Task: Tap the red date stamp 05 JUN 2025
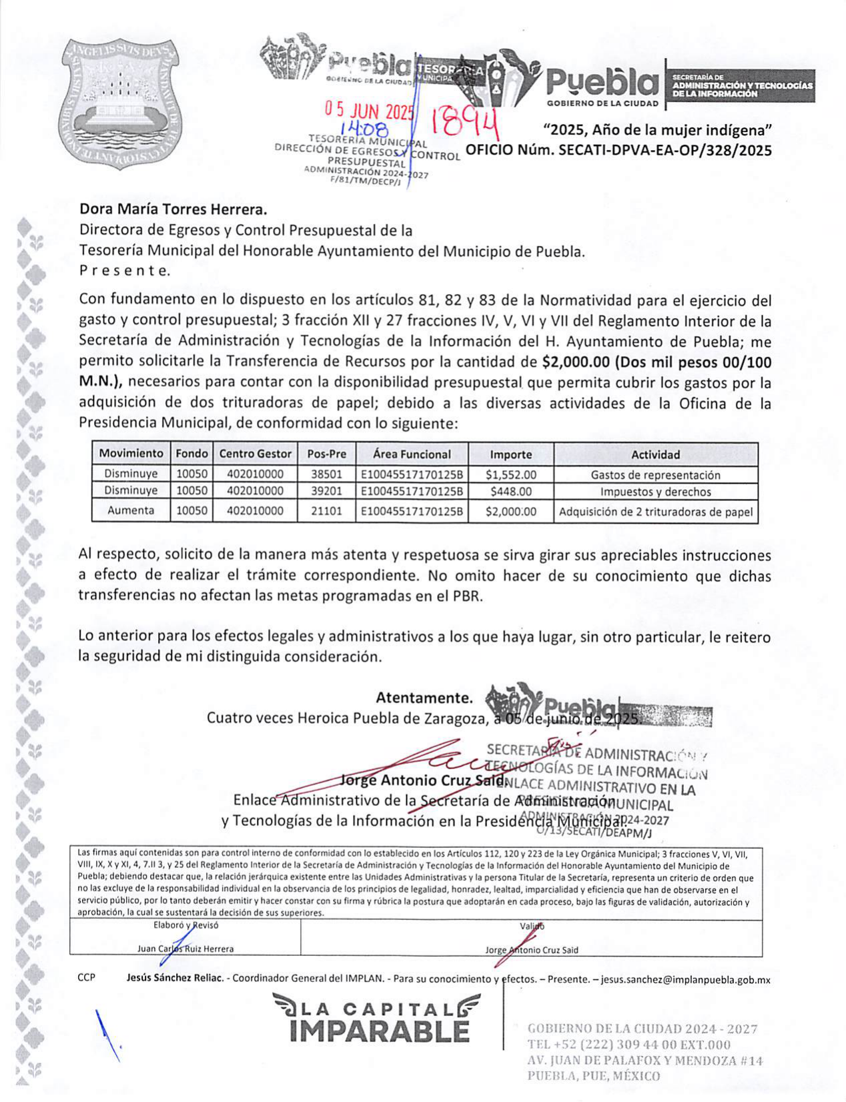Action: tap(369, 110)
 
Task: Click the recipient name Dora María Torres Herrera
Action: tap(173, 209)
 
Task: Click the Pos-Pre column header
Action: tap(326, 454)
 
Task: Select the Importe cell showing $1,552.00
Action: tap(510, 475)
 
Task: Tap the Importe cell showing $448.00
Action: tap(510, 492)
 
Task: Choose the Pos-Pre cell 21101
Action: tap(326, 512)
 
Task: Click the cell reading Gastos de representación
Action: tap(655, 475)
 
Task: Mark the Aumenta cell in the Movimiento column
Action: tap(131, 511)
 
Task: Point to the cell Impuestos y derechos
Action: tap(655, 492)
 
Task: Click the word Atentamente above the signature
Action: tap(424, 698)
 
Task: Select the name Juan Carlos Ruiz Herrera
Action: tap(185, 949)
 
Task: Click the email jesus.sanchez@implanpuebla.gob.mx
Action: tap(685, 980)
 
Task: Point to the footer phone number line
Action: tap(628, 1045)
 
